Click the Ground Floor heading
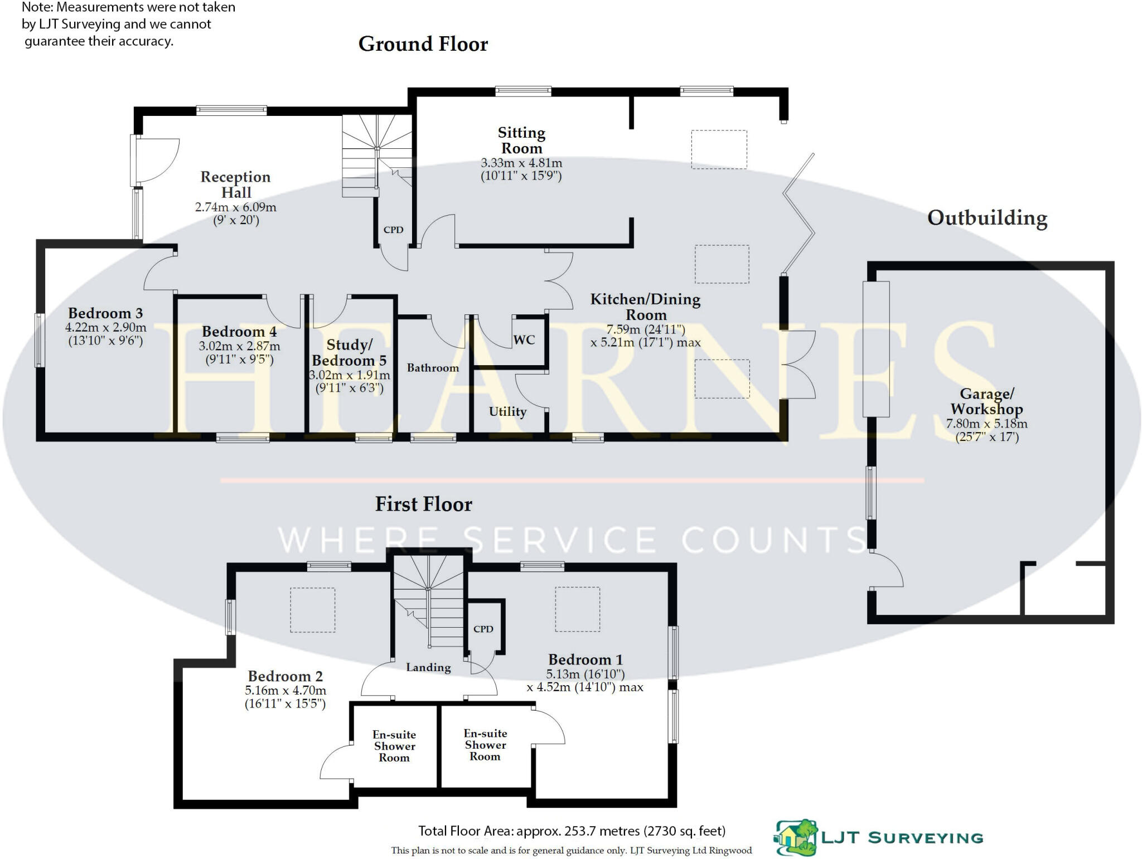pos(423,44)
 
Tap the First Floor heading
pos(423,504)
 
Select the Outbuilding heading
pos(987,218)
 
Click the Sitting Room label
pos(521,140)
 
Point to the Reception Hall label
pos(235,185)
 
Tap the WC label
pos(524,340)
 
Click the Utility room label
pos(507,412)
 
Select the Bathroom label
pos(433,368)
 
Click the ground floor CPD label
pos(393,230)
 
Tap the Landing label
pos(428,667)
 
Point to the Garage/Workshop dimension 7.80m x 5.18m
pos(986,424)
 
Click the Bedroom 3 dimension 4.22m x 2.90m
pos(105,328)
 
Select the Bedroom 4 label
pos(239,332)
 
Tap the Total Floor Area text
pos(572,831)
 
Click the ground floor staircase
pos(376,151)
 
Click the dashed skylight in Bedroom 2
pos(312,610)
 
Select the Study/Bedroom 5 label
pos(349,353)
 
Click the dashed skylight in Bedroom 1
pos(577,609)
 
